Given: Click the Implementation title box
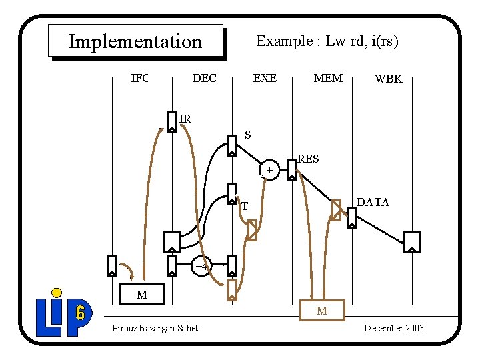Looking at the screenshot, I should point(135,41).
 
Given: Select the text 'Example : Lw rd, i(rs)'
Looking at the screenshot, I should point(327,41).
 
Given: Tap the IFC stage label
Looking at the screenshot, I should point(140,78).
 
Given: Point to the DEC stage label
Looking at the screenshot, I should point(204,78).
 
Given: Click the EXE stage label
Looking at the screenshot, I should point(265,78).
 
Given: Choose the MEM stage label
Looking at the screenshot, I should point(328,78).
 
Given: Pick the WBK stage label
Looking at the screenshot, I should point(388,79).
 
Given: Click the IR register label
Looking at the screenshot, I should point(185,119).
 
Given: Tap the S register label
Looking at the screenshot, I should point(247,135).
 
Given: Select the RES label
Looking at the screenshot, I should point(308,159).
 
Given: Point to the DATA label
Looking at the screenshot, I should point(373,202).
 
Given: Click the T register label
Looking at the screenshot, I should point(245,206).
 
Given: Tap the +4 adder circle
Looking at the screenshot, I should point(202,266).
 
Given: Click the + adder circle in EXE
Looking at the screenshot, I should point(269,171).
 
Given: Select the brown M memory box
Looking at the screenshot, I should point(322,310).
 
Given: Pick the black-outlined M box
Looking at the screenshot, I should point(141,294).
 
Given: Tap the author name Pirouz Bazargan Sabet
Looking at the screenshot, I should point(155,328).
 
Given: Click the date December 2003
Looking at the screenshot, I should point(393,328).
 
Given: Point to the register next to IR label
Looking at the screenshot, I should point(172,123).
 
